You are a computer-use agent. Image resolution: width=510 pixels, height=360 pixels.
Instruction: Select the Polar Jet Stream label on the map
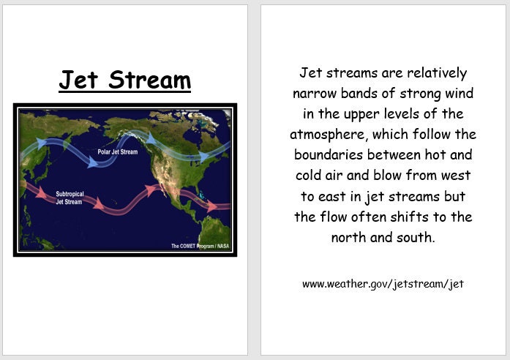(117, 151)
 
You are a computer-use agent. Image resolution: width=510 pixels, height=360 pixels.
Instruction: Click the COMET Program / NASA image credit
(200, 246)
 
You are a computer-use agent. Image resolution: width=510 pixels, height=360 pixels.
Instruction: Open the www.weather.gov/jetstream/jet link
(383, 284)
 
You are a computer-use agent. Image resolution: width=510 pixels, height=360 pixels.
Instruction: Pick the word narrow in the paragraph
(315, 94)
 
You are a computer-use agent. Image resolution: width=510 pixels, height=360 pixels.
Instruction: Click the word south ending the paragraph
(417, 238)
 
